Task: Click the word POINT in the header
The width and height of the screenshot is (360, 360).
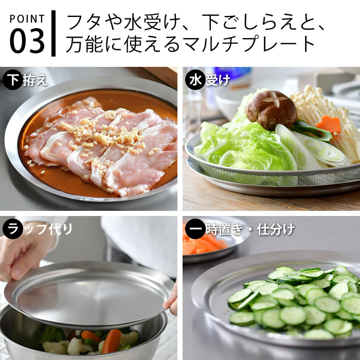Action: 27,19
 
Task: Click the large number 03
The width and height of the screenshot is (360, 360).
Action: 27,41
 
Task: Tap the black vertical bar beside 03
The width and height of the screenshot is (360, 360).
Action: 53,32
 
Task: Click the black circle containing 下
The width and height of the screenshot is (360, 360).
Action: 12,80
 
